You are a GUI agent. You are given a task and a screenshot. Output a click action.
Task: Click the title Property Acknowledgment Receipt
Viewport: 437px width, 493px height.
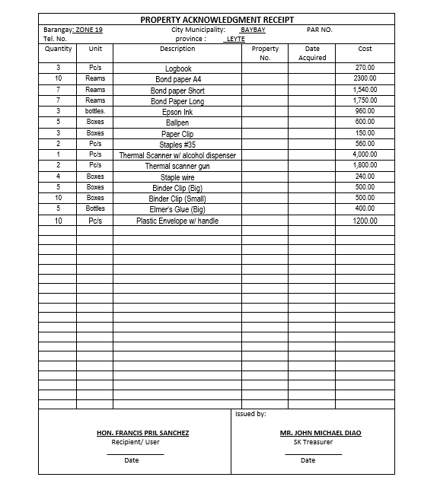217,20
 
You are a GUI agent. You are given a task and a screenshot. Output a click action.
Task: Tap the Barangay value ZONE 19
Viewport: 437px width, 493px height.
90,30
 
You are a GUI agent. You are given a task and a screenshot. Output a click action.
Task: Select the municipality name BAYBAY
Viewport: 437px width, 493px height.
253,30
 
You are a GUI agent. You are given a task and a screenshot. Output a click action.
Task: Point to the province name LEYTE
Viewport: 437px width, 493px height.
235,39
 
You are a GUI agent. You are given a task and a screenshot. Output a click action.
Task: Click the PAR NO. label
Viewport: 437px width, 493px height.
320,30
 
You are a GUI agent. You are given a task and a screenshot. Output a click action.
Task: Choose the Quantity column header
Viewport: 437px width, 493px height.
58,49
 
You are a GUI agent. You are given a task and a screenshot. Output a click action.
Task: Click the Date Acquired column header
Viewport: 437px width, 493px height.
312,53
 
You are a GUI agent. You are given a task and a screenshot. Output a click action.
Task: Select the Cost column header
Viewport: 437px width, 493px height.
365,49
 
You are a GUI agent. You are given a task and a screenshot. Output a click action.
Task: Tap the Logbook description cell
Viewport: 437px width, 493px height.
178,68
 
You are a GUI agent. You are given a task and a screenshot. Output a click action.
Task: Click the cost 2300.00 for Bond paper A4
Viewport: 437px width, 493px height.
365,79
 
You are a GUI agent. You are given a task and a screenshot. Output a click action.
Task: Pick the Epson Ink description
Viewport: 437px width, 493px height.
178,112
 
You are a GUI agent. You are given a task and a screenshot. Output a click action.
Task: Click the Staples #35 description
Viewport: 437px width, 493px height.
178,145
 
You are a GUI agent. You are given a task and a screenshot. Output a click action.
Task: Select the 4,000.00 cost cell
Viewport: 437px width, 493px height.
364,155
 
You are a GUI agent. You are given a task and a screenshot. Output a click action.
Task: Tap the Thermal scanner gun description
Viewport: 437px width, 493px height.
178,166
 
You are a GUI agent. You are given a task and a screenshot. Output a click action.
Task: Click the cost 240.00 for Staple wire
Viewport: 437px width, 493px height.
365,177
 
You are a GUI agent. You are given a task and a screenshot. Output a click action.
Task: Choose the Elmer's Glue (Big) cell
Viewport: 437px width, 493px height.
178,209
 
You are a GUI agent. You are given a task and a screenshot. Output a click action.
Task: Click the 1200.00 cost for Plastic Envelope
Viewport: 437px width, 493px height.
364,221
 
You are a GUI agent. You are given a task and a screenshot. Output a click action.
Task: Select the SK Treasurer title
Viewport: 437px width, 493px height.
313,442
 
